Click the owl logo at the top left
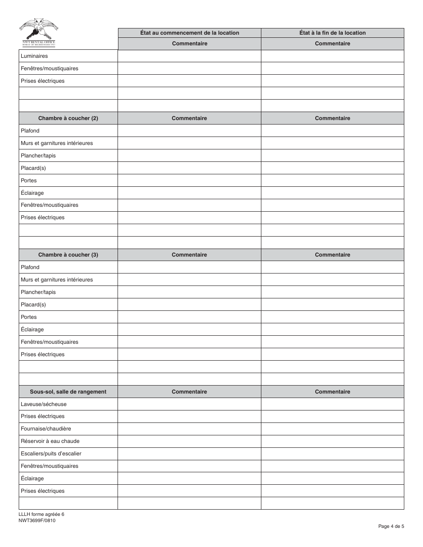click(x=39, y=30)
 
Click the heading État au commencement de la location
click(x=189, y=33)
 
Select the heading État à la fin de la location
click(x=333, y=33)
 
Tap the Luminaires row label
click(x=34, y=56)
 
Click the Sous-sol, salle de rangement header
click(x=68, y=392)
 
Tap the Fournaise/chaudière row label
click(x=46, y=429)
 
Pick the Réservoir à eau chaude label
click(x=50, y=441)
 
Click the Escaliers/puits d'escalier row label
click(x=51, y=454)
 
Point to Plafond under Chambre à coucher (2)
click(x=30, y=131)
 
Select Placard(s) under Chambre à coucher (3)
click(x=33, y=305)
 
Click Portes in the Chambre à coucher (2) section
click(x=29, y=181)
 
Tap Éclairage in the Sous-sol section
click(x=33, y=479)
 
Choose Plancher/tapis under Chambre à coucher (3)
click(x=38, y=292)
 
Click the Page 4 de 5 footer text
click(x=391, y=527)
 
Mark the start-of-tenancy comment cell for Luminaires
click(x=189, y=56)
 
